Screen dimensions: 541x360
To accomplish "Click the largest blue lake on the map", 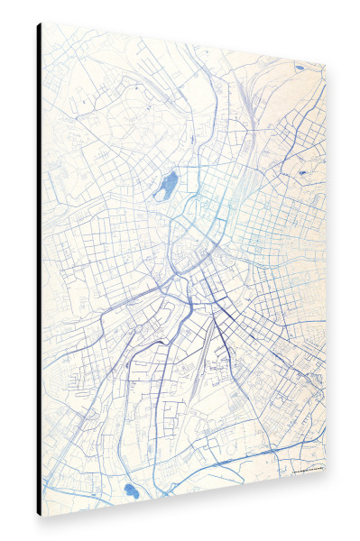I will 167,187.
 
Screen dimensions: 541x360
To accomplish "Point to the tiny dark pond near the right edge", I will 301,170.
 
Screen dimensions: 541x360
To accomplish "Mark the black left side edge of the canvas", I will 39,270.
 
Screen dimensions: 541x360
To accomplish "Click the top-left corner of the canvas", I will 42,24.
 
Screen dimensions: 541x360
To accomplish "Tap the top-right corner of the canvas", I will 324,61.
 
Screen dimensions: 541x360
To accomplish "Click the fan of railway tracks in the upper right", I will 254,99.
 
